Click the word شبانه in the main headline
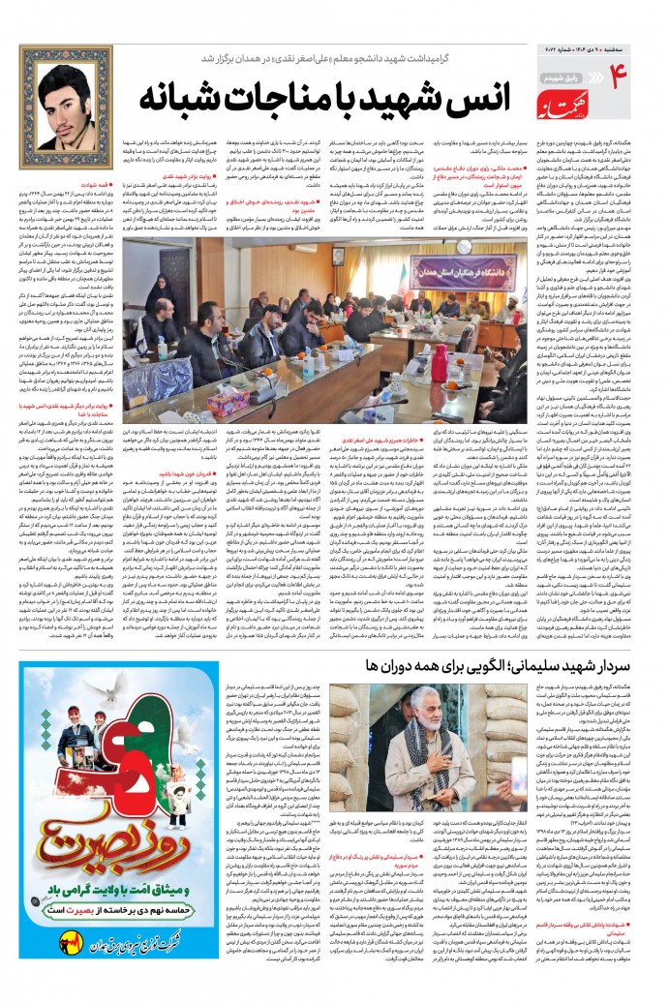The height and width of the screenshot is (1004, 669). coord(178,99)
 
